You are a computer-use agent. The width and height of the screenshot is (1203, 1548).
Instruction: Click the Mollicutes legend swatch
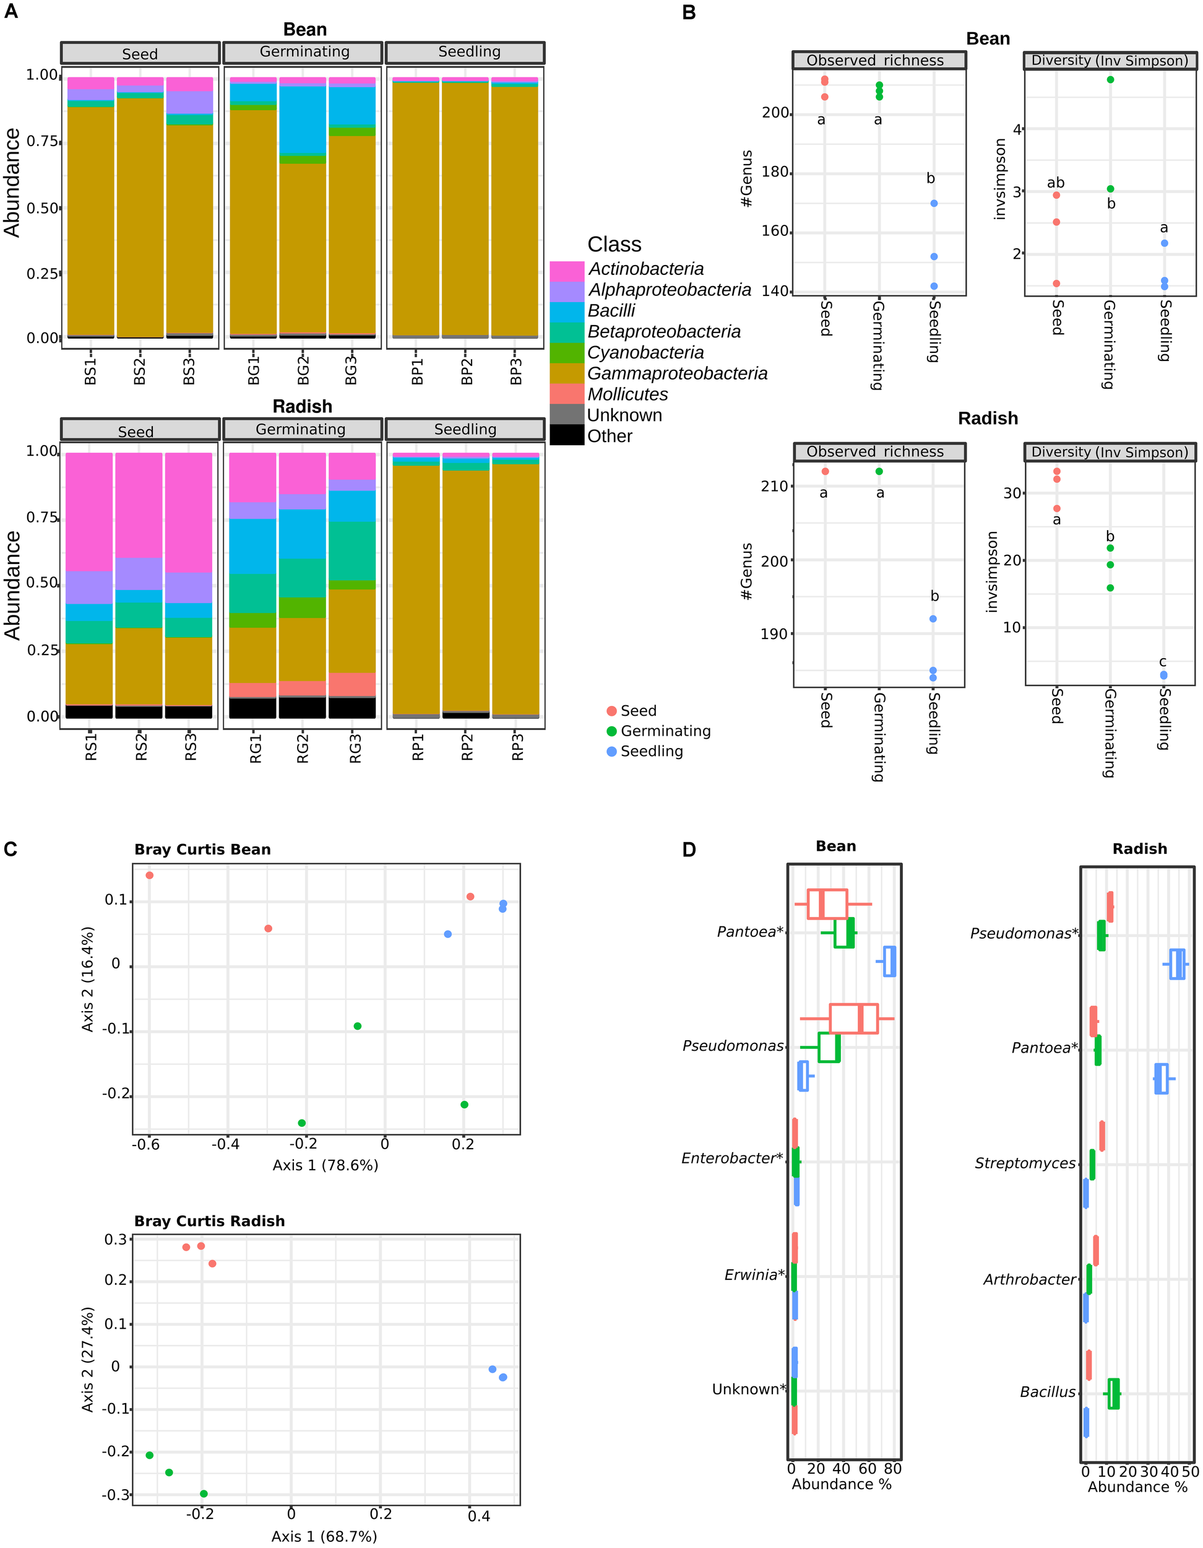(566, 394)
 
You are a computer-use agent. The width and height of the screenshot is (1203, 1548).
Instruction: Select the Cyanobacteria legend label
(645, 352)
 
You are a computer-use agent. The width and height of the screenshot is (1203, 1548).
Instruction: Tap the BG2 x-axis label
(303, 371)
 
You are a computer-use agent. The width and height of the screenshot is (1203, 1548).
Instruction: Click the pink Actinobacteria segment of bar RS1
(89, 511)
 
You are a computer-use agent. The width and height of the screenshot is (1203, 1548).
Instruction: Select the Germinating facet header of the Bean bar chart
(303, 53)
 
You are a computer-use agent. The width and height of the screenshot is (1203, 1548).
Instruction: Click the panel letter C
(10, 849)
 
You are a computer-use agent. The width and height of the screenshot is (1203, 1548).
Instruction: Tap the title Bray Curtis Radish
(209, 1220)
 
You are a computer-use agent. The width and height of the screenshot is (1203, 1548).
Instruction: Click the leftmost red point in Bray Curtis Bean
(150, 876)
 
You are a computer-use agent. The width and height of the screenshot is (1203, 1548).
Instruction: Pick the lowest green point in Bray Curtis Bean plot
(302, 1123)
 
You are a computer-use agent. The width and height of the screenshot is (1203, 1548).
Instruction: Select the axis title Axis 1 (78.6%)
(325, 1165)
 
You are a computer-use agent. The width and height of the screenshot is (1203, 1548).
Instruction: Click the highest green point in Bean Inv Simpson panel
(1110, 79)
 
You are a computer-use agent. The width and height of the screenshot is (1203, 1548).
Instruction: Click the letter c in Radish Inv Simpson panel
(1163, 662)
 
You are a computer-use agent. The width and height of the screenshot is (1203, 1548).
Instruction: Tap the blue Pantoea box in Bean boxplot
(890, 961)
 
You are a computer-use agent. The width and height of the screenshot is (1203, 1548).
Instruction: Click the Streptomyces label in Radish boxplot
(1024, 1163)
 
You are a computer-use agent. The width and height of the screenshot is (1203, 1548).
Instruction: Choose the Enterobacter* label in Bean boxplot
(732, 1158)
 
